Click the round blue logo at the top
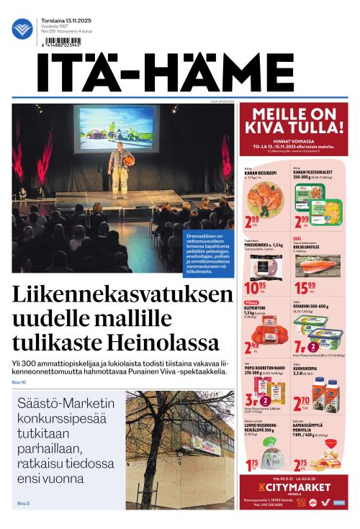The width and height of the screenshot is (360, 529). (x=22, y=29)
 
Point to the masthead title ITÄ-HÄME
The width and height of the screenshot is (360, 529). (x=176, y=74)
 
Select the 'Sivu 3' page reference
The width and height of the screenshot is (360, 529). (x=23, y=503)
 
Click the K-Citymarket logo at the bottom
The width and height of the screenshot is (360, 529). (x=294, y=487)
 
